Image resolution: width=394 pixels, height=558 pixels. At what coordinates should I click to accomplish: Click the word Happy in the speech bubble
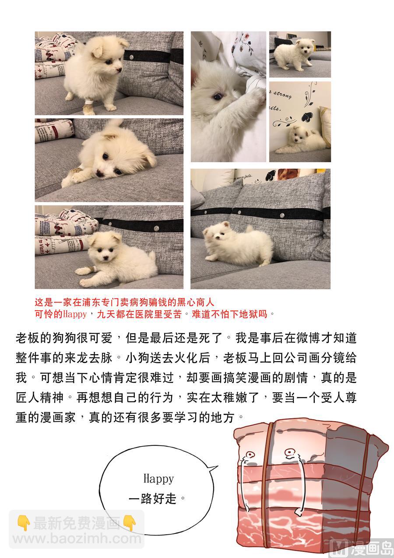coord(158,478)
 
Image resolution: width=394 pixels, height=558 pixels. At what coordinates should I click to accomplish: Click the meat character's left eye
coord(250,455)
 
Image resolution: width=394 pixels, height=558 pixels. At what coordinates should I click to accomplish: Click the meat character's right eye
coord(288,451)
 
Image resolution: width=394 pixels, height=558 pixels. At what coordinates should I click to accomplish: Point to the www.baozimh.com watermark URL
coord(77,538)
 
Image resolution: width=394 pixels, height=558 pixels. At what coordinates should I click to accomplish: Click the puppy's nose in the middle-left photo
coord(100,174)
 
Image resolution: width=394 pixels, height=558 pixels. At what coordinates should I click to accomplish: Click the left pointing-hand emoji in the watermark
coord(23,523)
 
